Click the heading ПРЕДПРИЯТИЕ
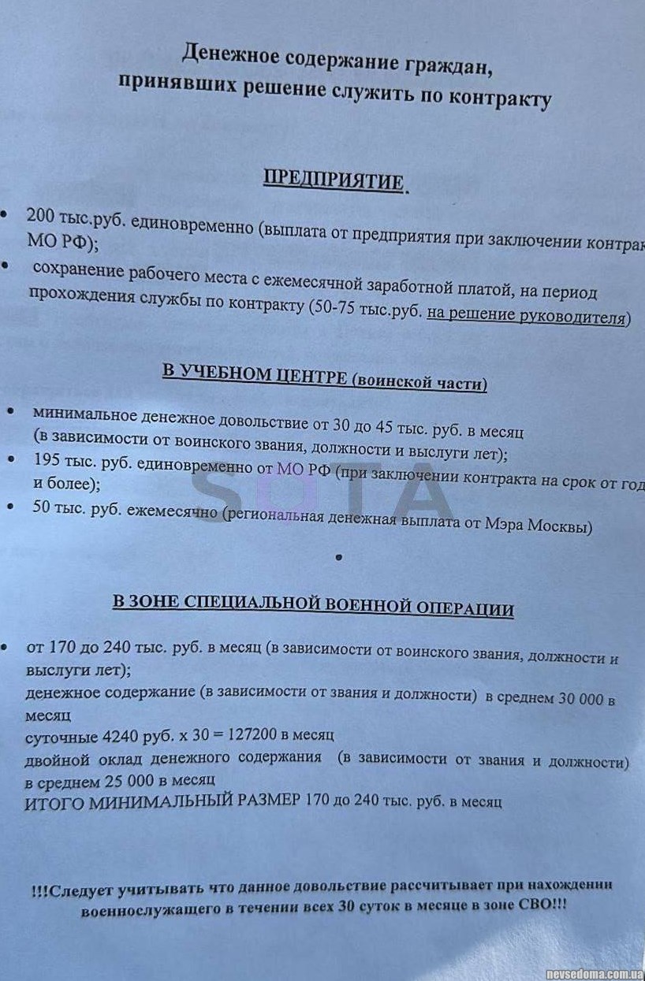click(334, 180)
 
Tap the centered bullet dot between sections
click(338, 557)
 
